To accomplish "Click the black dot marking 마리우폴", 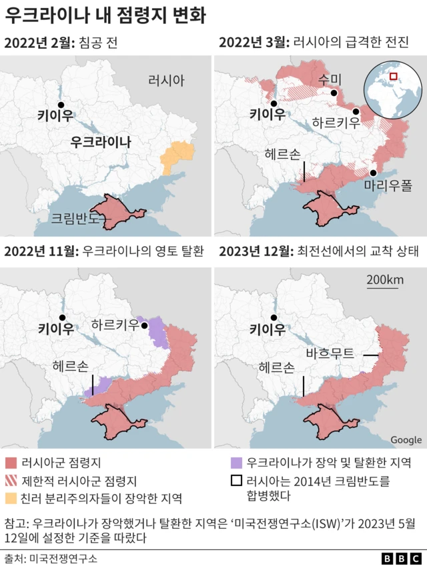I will click(373, 173).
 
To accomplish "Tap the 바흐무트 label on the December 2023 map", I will click(330, 354).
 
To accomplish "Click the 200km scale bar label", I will click(385, 280).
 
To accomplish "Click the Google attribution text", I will click(406, 440).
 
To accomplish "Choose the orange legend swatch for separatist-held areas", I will click(11, 498).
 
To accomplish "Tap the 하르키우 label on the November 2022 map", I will click(114, 325).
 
